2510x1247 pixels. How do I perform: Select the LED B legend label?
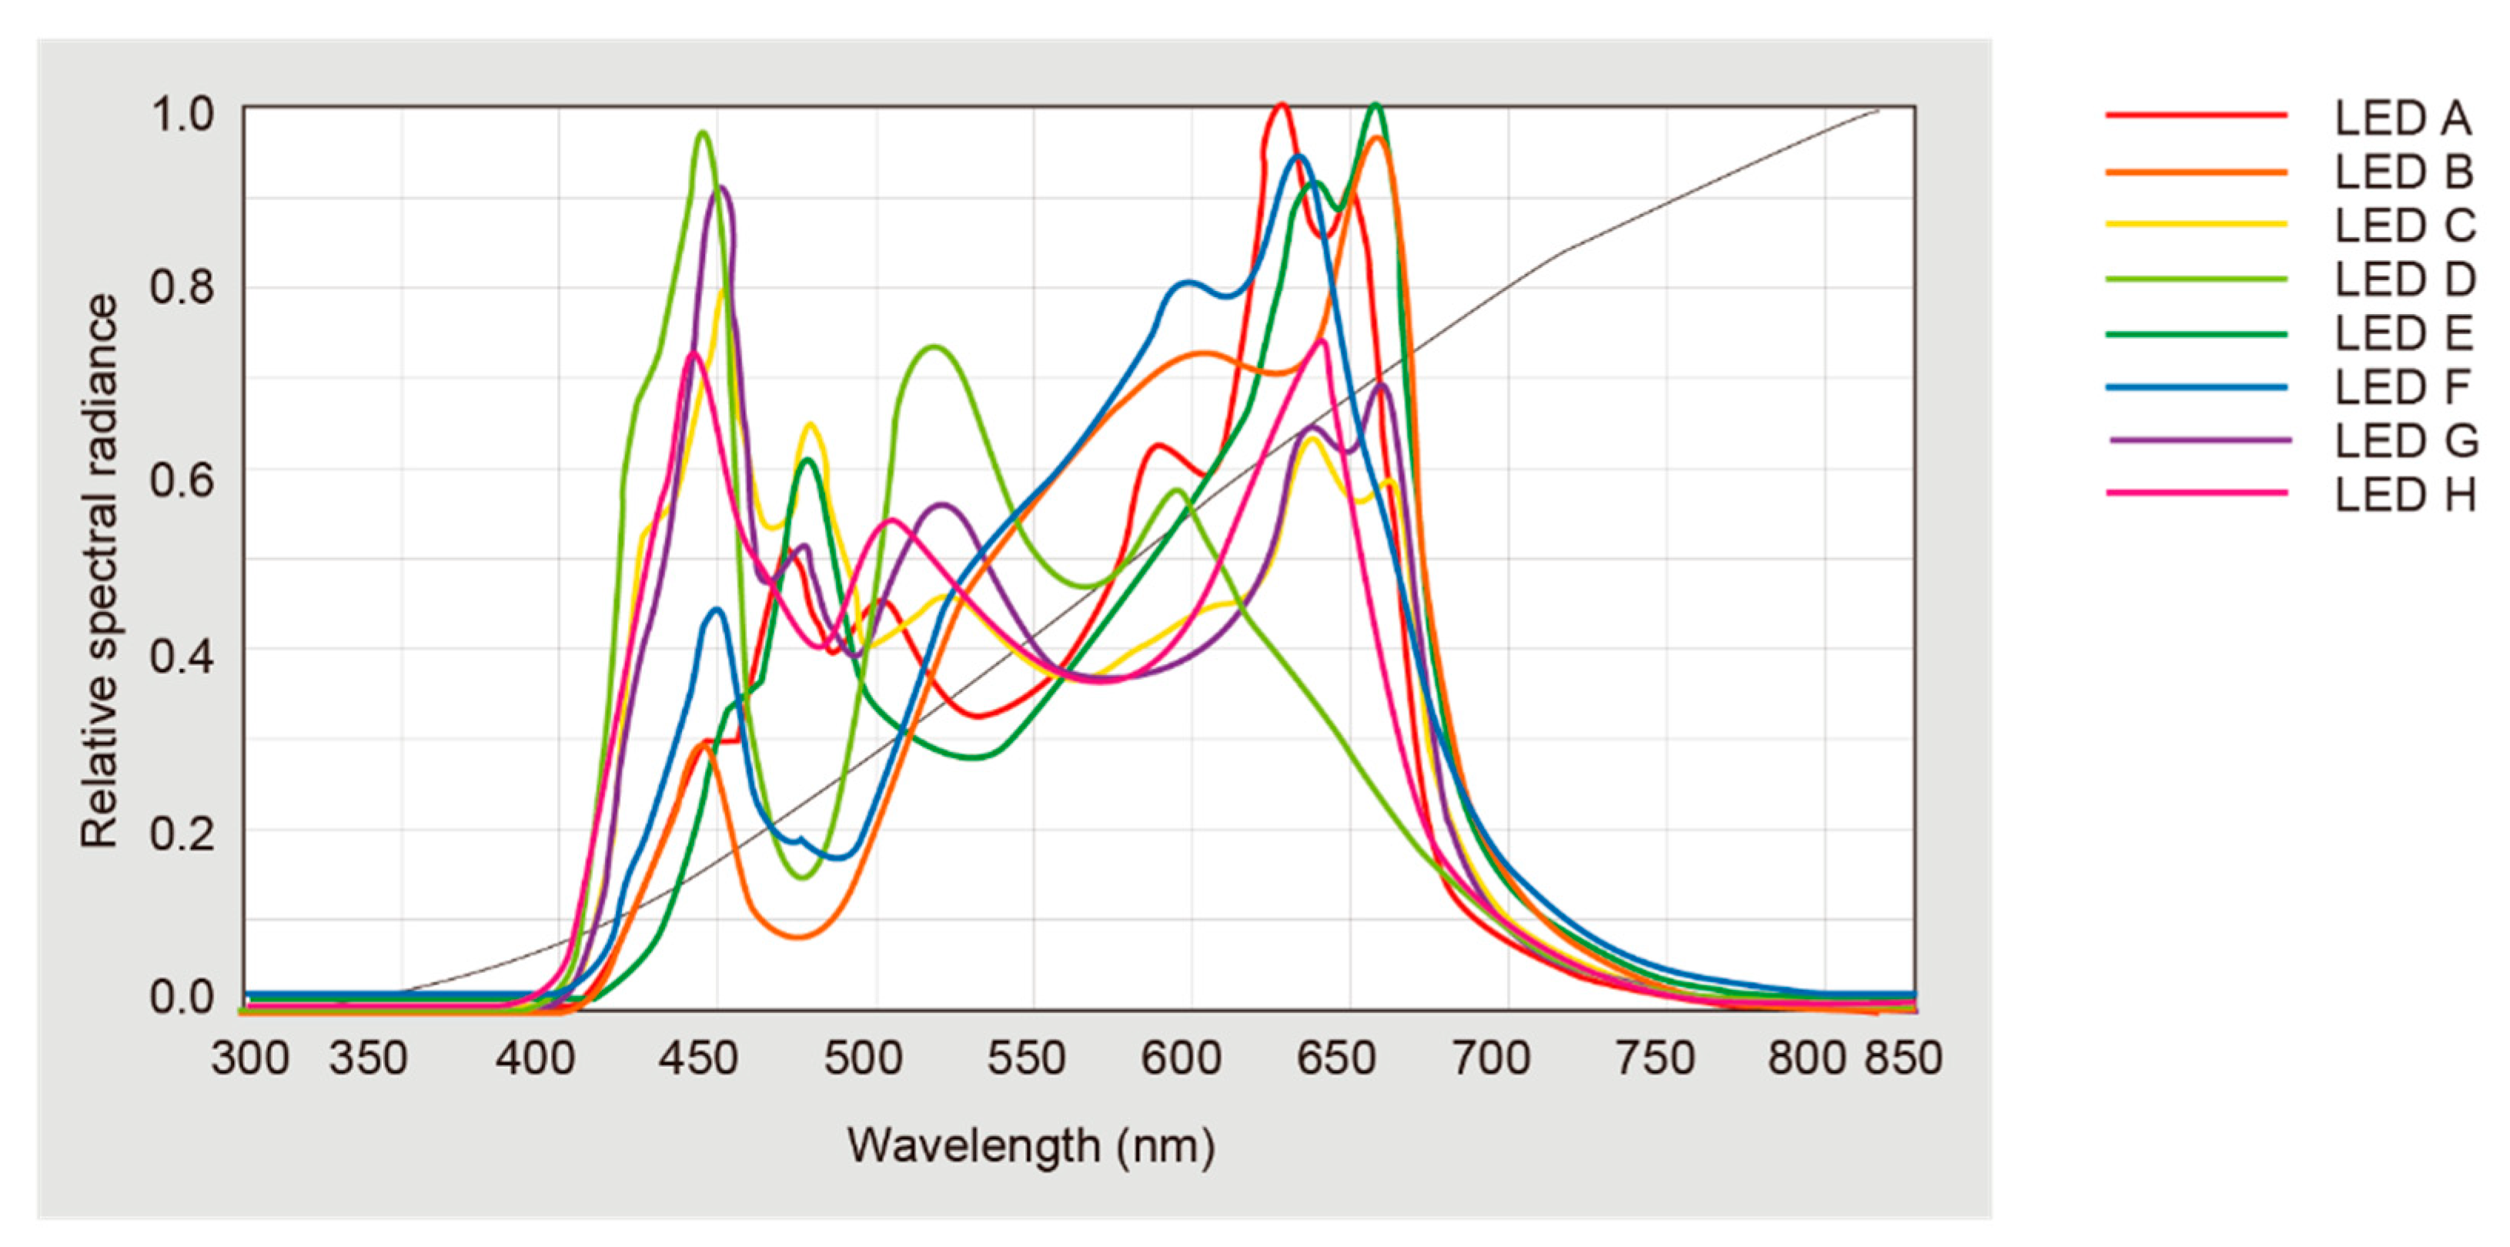(x=2403, y=172)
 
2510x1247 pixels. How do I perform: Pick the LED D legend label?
(x=2404, y=280)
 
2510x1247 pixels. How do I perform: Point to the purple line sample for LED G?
(x=2199, y=441)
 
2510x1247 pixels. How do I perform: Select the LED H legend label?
(x=2404, y=496)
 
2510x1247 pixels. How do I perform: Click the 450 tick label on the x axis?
(x=697, y=1059)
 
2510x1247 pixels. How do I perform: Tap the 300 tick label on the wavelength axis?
(x=250, y=1059)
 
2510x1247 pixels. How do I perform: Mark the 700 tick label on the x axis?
(x=1491, y=1059)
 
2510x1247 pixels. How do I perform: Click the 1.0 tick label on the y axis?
(x=181, y=115)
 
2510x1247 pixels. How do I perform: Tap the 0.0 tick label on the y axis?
(x=181, y=998)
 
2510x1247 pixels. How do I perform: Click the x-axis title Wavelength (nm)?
(x=1031, y=1145)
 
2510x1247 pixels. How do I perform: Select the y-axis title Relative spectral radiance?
(x=99, y=572)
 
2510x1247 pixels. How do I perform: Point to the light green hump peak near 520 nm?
(x=934, y=347)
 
